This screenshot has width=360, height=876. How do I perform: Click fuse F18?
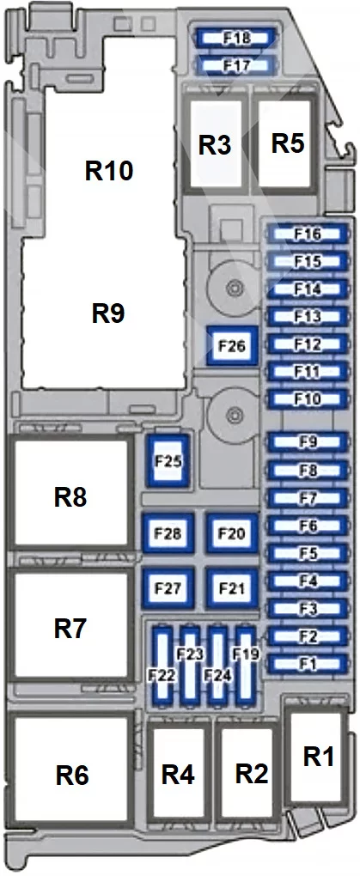tap(236, 39)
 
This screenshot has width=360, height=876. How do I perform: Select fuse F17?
tap(236, 65)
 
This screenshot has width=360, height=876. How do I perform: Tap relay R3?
tap(216, 144)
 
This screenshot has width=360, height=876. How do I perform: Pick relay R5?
tap(287, 143)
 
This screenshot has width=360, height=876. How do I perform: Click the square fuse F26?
tap(232, 346)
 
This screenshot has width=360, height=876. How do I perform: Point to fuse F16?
tap(308, 234)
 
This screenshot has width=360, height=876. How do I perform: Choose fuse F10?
tap(308, 398)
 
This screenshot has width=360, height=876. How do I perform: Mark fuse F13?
tap(308, 317)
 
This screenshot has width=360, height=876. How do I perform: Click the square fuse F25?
tap(168, 461)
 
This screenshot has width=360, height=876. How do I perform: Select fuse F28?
tap(168, 533)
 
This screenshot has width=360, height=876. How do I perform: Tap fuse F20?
tap(232, 533)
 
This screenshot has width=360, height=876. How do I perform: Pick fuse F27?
tap(168, 588)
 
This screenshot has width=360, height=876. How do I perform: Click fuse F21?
tap(232, 588)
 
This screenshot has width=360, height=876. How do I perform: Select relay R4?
tap(179, 775)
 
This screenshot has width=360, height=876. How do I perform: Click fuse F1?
tap(308, 664)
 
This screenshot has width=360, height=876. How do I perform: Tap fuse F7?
tap(308, 497)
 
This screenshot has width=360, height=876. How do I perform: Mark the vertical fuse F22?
tap(162, 664)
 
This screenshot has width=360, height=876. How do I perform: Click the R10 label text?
tap(110, 170)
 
